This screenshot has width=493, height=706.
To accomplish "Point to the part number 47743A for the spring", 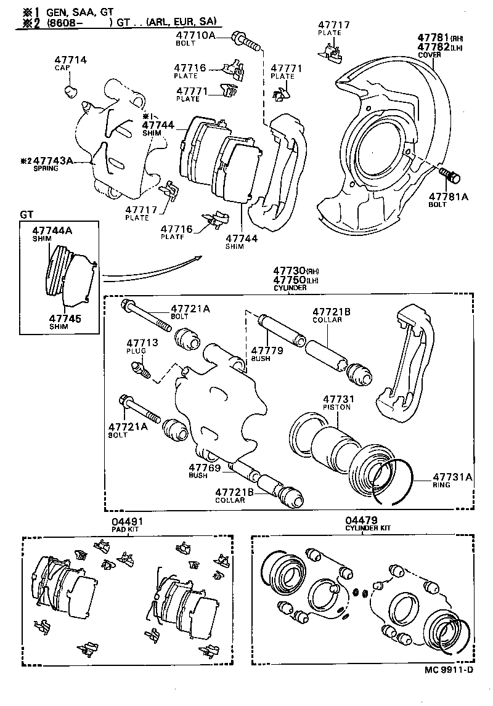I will coord(52,161).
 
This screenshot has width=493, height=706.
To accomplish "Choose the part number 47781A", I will coord(449,197).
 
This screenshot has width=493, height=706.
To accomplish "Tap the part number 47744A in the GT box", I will coord(52,230).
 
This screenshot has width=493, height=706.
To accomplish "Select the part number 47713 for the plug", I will coord(142,343).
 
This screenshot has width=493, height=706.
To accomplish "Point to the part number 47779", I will coord(267,350).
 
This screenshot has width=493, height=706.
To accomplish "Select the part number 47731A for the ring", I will coord(452,476).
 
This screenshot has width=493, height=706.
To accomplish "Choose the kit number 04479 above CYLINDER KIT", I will coord(361,521).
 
